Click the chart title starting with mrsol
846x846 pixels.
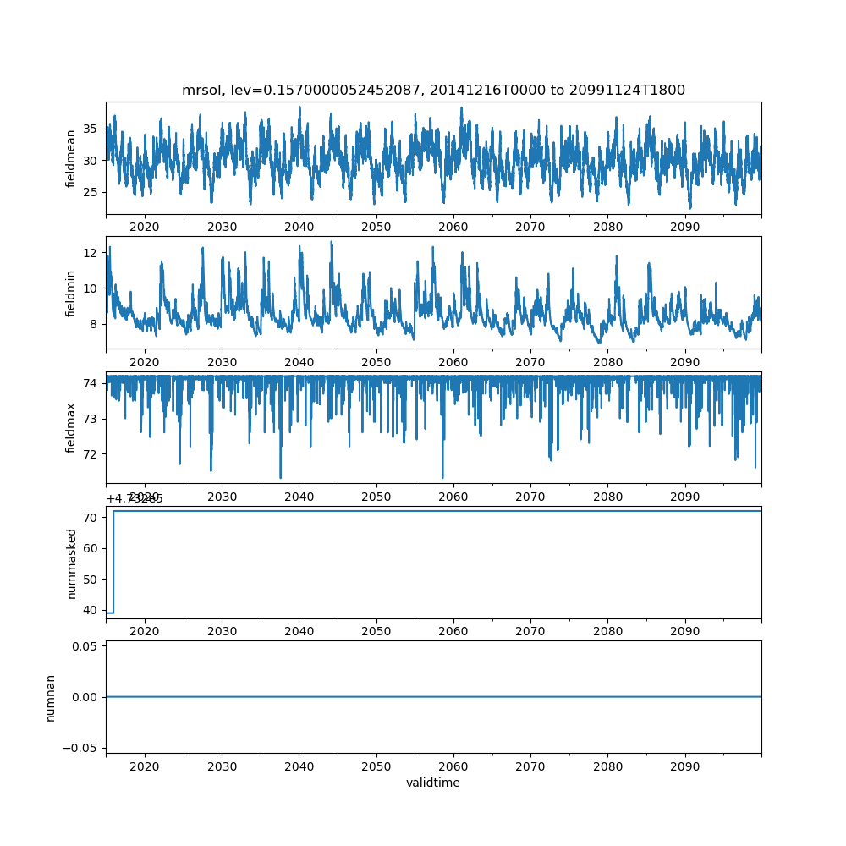pyautogui.click(x=433, y=90)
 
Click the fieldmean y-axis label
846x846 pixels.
pyautogui.click(x=71, y=158)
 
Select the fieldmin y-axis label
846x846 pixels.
pyautogui.click(x=71, y=294)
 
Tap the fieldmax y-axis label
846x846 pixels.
pyautogui.click(x=71, y=428)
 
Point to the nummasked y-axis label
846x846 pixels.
pyautogui.click(x=71, y=563)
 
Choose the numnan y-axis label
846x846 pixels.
pyautogui.click(x=51, y=697)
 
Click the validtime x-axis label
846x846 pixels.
pyautogui.click(x=433, y=783)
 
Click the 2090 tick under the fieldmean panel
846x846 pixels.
pyautogui.click(x=684, y=227)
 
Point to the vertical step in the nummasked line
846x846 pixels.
pyautogui.click(x=113, y=562)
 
